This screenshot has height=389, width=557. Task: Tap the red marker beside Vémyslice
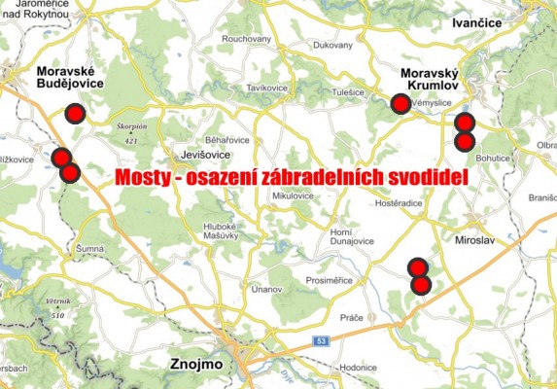pos(399,105)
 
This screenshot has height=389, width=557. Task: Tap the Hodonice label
pos(359,369)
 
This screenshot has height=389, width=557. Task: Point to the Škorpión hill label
pos(130,127)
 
